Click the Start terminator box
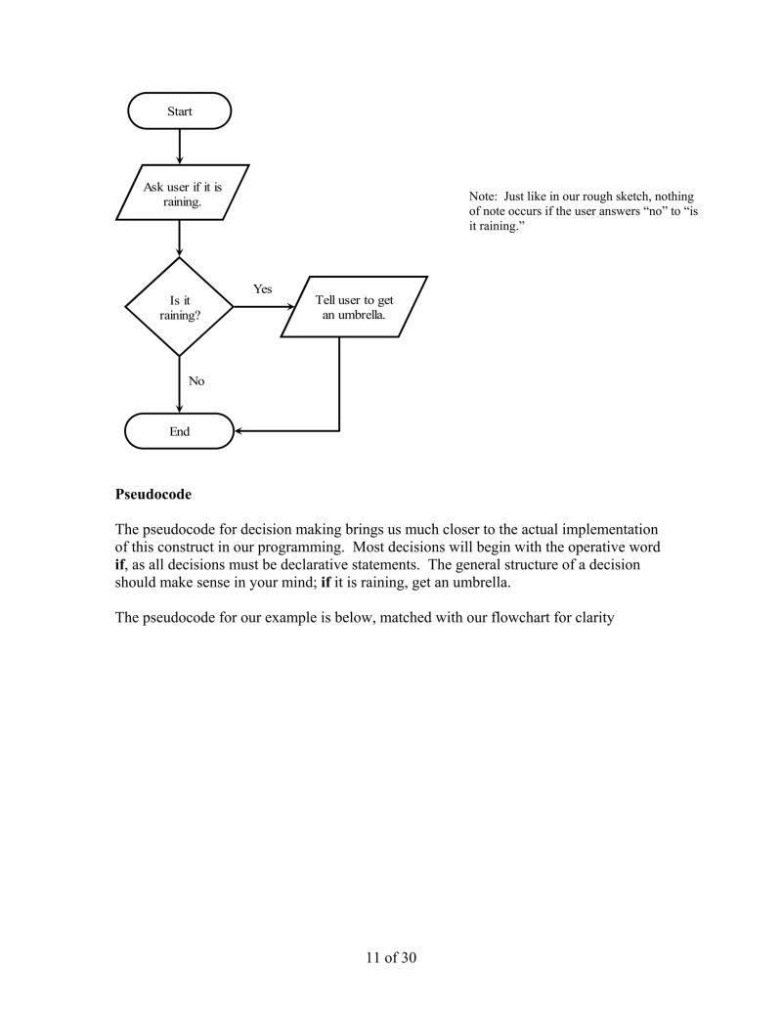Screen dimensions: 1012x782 point(180,111)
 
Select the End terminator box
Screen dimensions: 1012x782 point(180,431)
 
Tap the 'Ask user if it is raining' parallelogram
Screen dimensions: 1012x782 point(182,194)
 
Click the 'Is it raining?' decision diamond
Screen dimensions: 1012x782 point(180,307)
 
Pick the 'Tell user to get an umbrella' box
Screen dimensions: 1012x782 point(354,307)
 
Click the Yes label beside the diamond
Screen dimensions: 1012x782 point(263,289)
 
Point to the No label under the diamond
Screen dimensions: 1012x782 point(196,381)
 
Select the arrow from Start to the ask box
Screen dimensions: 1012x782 point(180,147)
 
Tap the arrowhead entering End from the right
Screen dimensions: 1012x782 point(240,431)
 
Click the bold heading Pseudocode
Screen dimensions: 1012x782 point(152,495)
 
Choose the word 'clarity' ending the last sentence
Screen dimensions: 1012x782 point(590,618)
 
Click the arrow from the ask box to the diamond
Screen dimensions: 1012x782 point(180,240)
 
